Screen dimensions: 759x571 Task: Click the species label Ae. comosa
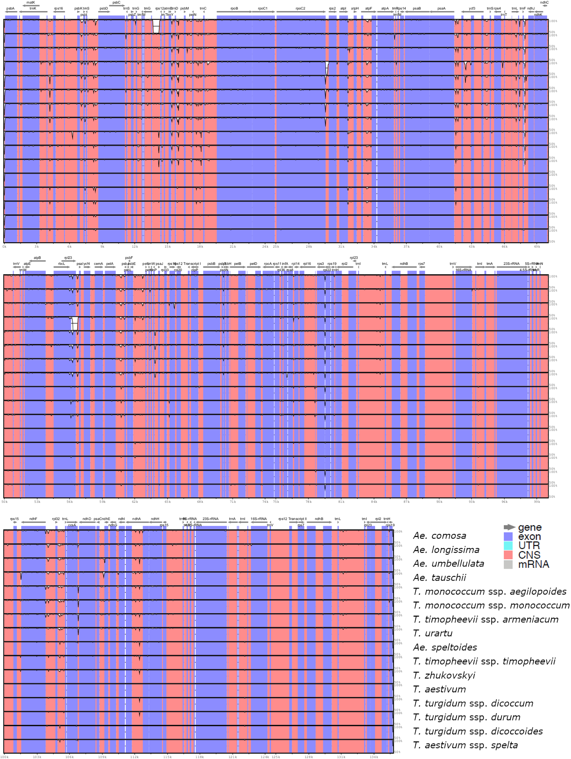[439, 536]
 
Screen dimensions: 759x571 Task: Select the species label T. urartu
[433, 633]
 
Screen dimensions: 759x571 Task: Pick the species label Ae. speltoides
[445, 647]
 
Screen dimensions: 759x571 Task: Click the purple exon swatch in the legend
[508, 536]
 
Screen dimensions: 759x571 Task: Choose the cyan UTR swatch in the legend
[508, 546]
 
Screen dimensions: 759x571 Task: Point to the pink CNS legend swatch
[508, 555]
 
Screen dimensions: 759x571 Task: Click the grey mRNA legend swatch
[508, 565]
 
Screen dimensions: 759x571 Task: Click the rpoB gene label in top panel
[234, 9]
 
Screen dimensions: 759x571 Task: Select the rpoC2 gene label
[300, 9]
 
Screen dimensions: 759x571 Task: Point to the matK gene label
[31, 2]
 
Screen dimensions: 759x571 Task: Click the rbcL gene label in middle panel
[61, 264]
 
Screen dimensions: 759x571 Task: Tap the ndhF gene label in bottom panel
[33, 519]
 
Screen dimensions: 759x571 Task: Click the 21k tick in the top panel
[233, 247]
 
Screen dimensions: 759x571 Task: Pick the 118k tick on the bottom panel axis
[200, 757]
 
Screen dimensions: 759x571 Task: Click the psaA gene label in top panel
[441, 9]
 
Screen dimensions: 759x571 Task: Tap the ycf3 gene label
[472, 9]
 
